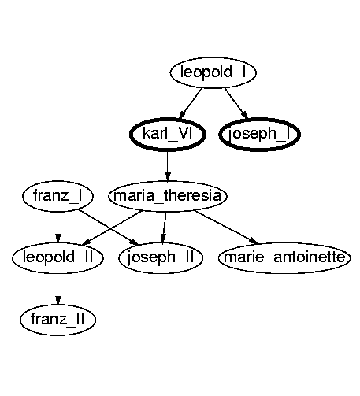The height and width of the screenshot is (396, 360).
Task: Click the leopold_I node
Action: pyautogui.click(x=213, y=72)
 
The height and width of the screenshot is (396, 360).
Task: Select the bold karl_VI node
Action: pyautogui.click(x=168, y=135)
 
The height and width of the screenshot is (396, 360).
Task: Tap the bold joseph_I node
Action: pyautogui.click(x=259, y=135)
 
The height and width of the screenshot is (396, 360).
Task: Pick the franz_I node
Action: pyautogui.click(x=58, y=196)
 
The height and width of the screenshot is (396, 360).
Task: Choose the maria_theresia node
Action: pyautogui.click(x=168, y=196)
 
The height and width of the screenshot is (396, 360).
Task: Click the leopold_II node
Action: pyautogui.click(x=58, y=257)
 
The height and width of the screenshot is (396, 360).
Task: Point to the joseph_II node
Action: pyautogui.click(x=161, y=257)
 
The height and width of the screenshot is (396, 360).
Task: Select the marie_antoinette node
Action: pyautogui.click(x=284, y=257)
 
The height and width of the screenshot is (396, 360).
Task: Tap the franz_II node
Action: pyautogui.click(x=58, y=320)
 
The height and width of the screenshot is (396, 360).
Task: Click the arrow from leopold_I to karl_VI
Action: pyautogui.click(x=191, y=103)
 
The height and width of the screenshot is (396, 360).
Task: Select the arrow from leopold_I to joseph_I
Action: pyautogui.click(x=236, y=103)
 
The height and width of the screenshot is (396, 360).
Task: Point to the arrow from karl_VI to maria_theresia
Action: pyautogui.click(x=168, y=166)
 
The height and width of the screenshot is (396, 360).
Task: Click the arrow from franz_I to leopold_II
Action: pyautogui.click(x=58, y=228)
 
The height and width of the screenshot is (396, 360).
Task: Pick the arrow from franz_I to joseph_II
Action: pyautogui.click(x=109, y=228)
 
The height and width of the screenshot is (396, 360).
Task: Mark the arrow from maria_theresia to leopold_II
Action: pyautogui.click(x=112, y=228)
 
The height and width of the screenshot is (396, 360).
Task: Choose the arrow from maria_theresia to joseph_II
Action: pyautogui.click(x=165, y=228)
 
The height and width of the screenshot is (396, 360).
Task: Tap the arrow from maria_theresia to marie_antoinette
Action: pyautogui.click(x=227, y=227)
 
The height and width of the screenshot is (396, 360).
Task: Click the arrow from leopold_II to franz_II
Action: pyautogui.click(x=58, y=289)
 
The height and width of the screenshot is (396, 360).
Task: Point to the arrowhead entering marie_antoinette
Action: pyautogui.click(x=254, y=241)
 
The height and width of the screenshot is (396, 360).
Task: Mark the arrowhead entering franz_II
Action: pyautogui.click(x=58, y=301)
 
